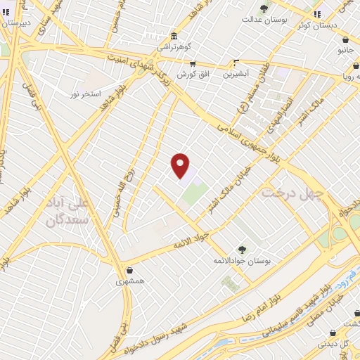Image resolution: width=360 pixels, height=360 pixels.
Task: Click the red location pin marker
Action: coord(181,165)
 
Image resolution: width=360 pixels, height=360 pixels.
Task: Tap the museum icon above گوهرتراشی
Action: coord(174,37)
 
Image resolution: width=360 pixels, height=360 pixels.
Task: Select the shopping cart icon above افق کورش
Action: coord(193,63)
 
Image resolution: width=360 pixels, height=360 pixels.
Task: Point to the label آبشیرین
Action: coord(237,73)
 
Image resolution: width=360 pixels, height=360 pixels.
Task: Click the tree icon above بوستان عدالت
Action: coord(264,8)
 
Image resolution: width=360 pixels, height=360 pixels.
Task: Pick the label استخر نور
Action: coord(86,94)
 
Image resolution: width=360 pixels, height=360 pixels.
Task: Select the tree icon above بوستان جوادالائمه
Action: coord(242,250)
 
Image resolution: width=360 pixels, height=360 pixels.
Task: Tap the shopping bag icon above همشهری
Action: coord(129,270)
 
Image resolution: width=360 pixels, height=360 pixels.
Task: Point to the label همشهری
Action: coord(129,281)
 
